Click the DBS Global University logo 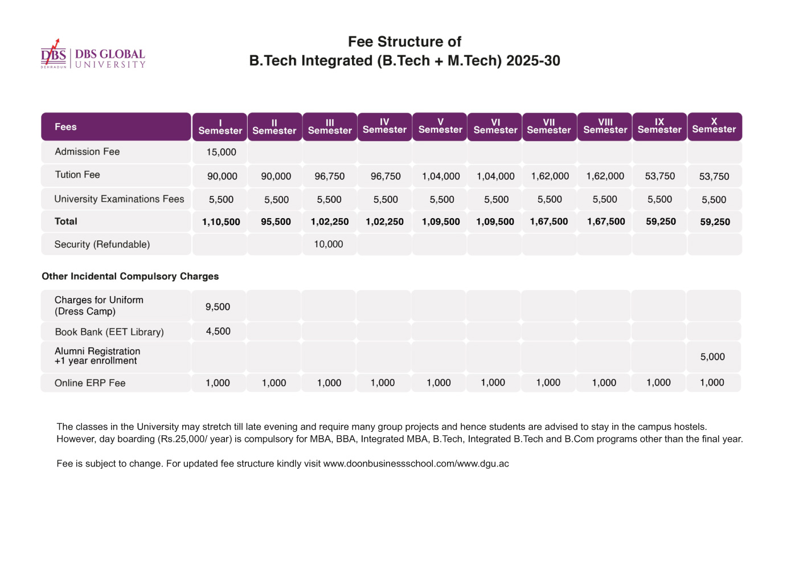point(93,55)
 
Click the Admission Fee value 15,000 point(221,152)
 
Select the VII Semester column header point(549,126)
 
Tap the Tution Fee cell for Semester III point(330,177)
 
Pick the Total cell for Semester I point(221,222)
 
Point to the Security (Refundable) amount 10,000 point(329,244)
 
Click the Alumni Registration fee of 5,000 point(712,357)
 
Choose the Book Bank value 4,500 point(218,331)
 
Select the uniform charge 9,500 point(218,307)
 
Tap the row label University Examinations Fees point(119,199)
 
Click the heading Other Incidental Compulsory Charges point(130,276)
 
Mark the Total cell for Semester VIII point(606,222)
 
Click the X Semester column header point(714,126)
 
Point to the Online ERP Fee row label point(90,383)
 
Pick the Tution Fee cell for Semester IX point(659,177)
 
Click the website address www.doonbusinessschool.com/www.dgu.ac point(416,464)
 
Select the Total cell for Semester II point(276,222)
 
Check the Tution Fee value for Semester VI point(495,177)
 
